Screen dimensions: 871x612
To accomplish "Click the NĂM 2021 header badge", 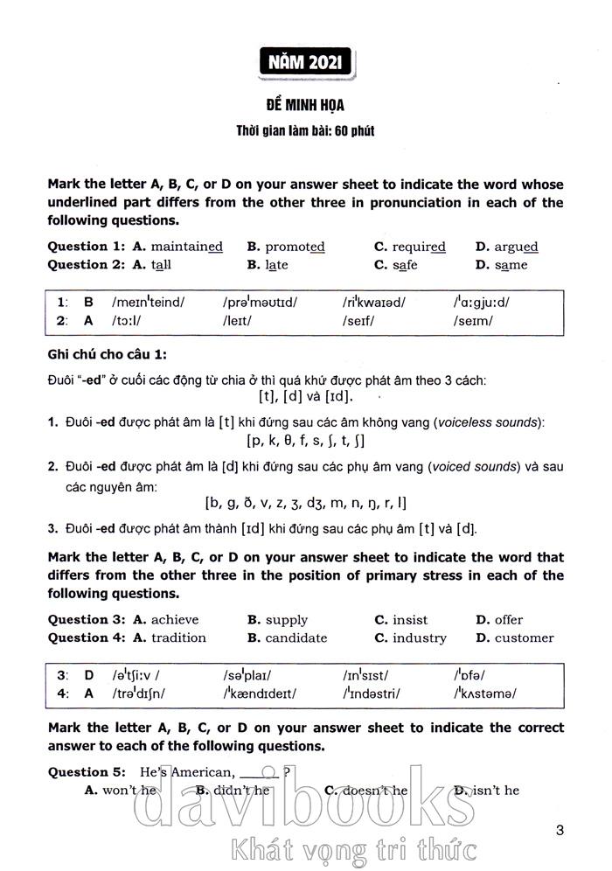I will (x=305, y=63).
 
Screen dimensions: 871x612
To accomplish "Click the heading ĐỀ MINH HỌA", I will (x=305, y=106).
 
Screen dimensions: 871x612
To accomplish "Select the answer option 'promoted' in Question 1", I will (x=295, y=247).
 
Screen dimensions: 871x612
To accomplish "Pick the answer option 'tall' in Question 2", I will (x=161, y=265).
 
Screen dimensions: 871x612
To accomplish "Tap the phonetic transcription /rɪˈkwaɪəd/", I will (x=373, y=302).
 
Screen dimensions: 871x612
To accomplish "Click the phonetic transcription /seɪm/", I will (x=473, y=320).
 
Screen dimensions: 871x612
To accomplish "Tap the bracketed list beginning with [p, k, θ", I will (x=306, y=441).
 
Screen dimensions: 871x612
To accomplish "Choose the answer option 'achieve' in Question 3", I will (x=181, y=620).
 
